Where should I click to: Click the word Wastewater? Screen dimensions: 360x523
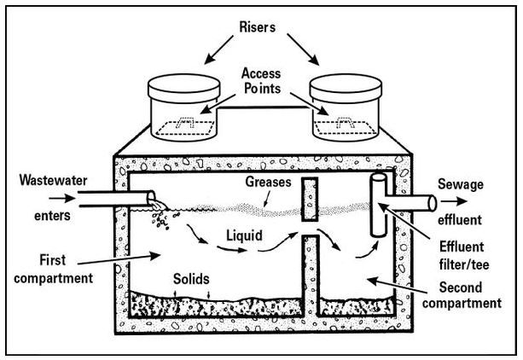click(49, 181)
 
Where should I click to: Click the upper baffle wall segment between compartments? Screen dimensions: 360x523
click(311, 197)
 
